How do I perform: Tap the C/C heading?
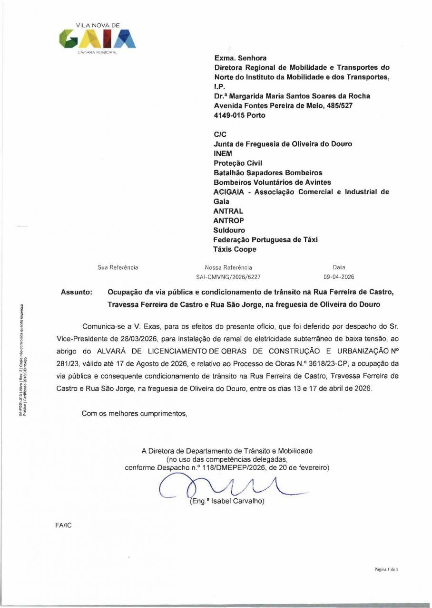[220, 134]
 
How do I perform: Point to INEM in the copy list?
[223, 154]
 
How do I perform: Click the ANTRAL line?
[228, 211]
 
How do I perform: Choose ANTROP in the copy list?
[229, 220]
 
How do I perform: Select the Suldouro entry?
[229, 230]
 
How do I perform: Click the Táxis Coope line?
[235, 249]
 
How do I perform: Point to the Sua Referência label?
[118, 267]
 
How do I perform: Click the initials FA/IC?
[64, 526]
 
